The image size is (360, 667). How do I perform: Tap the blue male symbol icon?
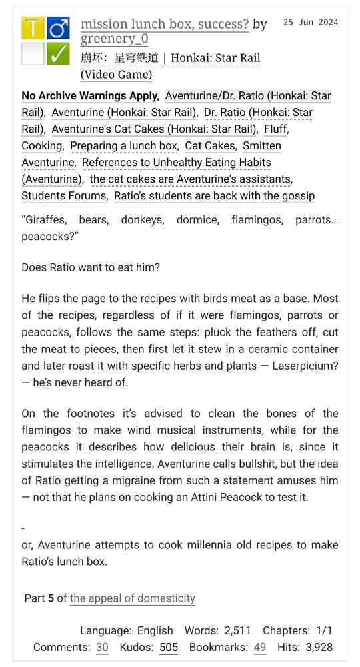click(x=58, y=29)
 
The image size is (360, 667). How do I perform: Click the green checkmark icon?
click(x=58, y=54)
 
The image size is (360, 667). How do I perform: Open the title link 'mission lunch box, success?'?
click(x=165, y=25)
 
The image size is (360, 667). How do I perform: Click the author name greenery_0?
click(x=114, y=40)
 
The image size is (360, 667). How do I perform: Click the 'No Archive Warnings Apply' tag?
click(x=90, y=96)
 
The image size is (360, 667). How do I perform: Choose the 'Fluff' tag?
click(x=275, y=129)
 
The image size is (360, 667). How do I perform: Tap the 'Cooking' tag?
click(x=41, y=146)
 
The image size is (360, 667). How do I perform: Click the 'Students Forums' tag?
click(x=63, y=196)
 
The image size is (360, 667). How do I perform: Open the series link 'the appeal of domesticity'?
click(x=132, y=598)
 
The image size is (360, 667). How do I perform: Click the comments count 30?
click(x=102, y=647)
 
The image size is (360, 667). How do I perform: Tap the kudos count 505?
click(x=169, y=647)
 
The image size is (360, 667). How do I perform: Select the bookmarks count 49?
click(x=259, y=647)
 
